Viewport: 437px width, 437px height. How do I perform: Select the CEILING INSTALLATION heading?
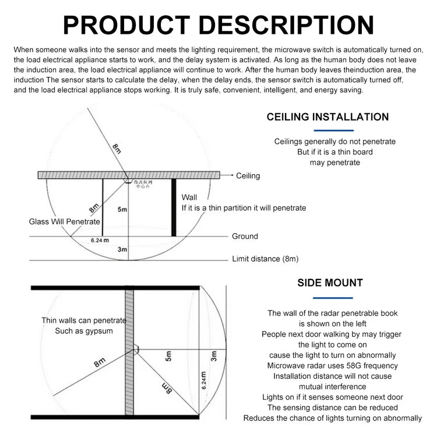click(x=327, y=117)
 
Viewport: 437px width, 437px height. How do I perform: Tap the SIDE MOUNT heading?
click(x=330, y=283)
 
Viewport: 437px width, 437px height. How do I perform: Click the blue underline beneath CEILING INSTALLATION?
click(x=333, y=131)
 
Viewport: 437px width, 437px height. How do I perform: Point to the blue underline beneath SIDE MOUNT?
click(x=333, y=297)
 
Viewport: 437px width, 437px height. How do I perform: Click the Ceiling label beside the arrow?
click(x=248, y=175)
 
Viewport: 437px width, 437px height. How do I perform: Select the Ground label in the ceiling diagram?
click(x=245, y=236)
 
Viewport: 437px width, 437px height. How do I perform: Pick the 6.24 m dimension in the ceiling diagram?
click(x=100, y=240)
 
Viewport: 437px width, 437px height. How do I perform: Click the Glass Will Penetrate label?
click(x=65, y=222)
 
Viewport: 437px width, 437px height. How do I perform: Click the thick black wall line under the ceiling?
click(x=174, y=207)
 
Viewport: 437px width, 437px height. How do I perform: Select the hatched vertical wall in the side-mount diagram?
click(x=129, y=350)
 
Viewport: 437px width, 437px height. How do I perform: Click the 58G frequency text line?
click(x=332, y=365)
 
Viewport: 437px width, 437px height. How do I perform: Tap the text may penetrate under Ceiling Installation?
click(x=334, y=163)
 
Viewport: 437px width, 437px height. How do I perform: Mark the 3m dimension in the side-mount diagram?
click(x=214, y=356)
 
